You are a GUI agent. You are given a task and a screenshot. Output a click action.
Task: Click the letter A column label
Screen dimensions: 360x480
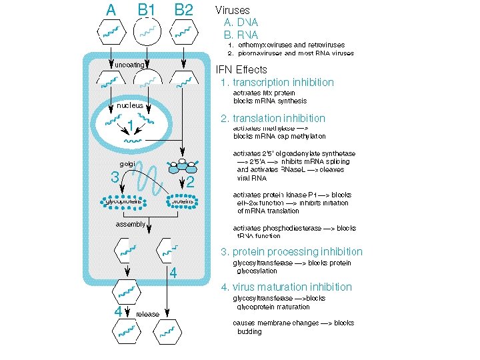tap(111, 10)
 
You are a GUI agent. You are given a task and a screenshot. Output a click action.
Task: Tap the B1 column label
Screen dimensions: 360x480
tap(147, 10)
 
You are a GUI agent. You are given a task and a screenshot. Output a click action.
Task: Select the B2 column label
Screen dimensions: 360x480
tap(183, 10)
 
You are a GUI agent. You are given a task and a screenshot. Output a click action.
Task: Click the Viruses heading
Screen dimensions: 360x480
tap(232, 11)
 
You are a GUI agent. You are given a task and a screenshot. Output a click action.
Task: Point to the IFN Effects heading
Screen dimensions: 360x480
tap(241, 69)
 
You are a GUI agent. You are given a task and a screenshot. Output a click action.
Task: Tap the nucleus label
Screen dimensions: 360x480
tap(130, 105)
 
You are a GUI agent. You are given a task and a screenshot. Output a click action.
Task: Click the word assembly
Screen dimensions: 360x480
tap(131, 224)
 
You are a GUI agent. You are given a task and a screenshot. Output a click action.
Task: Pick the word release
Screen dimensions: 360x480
tap(148, 314)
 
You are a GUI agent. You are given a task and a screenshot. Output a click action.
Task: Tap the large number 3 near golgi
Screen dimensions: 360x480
tap(115, 177)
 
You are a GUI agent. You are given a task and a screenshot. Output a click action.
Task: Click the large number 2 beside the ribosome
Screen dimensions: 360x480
tap(191, 181)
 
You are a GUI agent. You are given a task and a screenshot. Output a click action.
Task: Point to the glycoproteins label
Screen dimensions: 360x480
tap(124, 201)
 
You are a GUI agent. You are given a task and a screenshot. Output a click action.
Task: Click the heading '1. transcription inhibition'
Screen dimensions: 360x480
tap(277, 83)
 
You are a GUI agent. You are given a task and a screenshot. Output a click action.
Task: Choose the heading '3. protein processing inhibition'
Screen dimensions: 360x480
tap(292, 252)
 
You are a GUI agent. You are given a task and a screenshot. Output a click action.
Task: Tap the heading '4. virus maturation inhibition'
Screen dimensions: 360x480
tap(287, 287)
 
